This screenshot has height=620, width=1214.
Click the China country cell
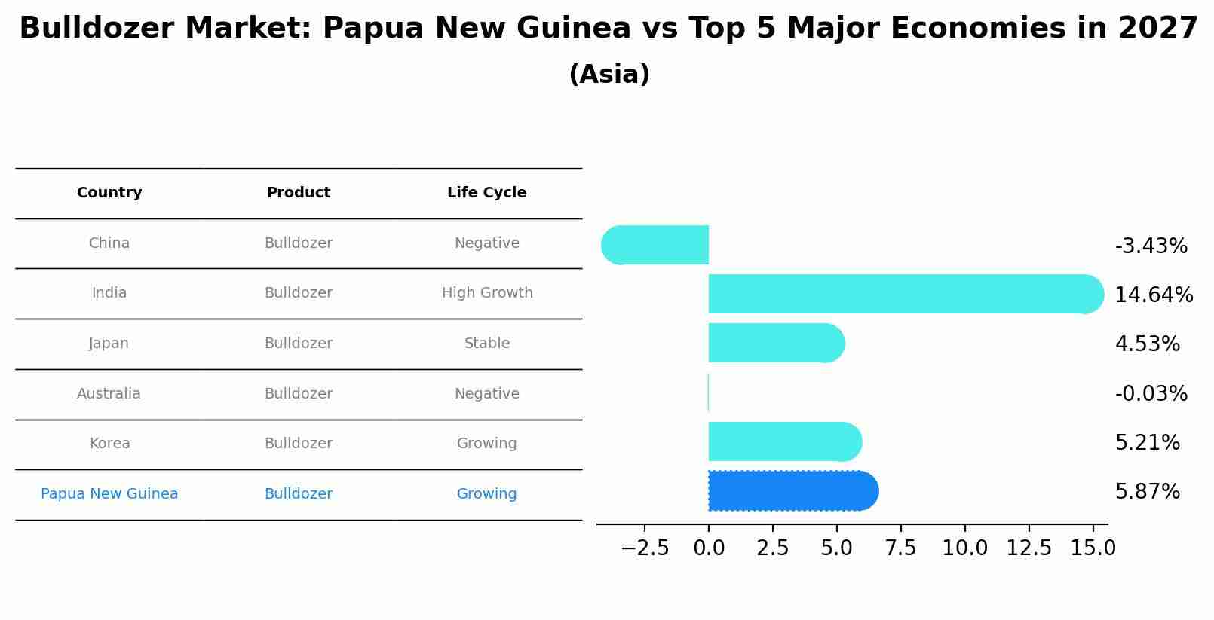click(x=109, y=243)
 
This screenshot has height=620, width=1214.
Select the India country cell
click(x=109, y=293)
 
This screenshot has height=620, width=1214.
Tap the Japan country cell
click(x=109, y=344)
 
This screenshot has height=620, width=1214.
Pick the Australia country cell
click(x=109, y=394)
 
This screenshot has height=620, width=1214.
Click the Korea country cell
click(x=110, y=444)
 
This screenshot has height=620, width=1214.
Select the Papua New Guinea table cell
click(x=109, y=494)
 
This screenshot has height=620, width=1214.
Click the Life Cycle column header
click(x=487, y=193)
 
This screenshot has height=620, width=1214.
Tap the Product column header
click(x=299, y=193)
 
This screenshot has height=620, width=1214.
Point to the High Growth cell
click(x=487, y=293)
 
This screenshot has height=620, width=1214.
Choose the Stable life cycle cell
click(x=487, y=344)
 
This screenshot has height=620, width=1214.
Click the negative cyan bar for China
click(x=656, y=245)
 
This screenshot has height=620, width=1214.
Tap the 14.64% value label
click(x=1154, y=295)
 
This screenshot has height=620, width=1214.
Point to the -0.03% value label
click(x=1151, y=394)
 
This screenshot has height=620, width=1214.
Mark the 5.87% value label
click(x=1148, y=492)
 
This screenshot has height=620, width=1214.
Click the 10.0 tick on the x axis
click(x=965, y=548)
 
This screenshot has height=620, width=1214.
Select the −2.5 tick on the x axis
click(x=645, y=548)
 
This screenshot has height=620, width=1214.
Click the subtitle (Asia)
click(x=609, y=75)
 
